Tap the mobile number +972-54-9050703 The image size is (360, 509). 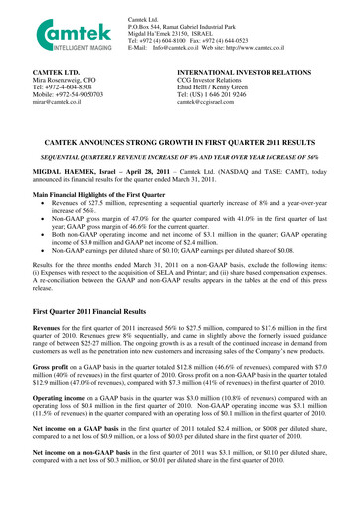click(x=53, y=94)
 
